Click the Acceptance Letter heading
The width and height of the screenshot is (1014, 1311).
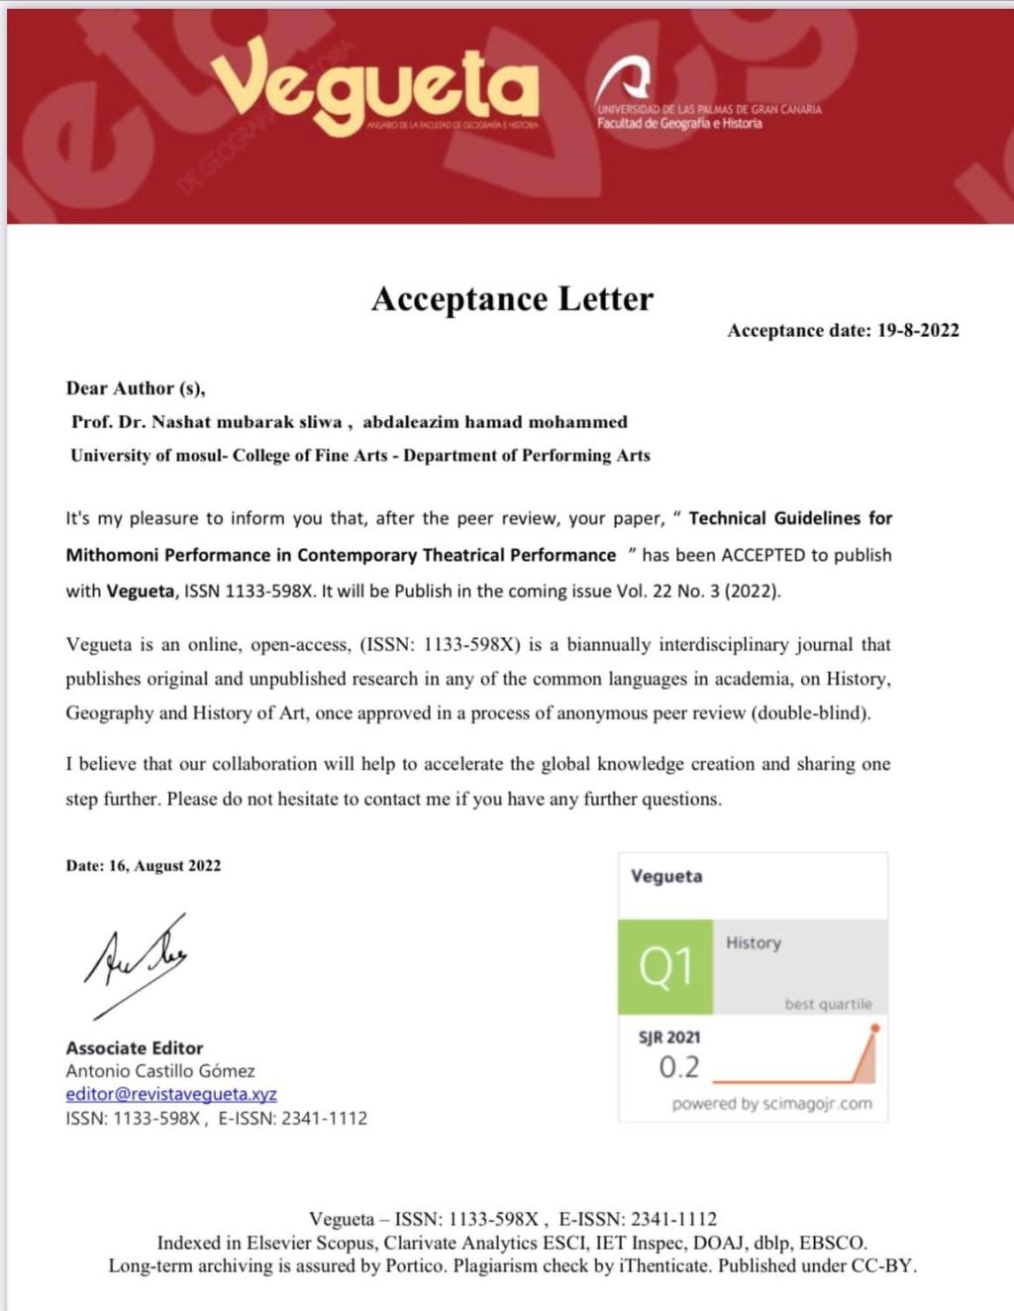tap(512, 298)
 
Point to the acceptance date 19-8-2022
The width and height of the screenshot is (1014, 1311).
tap(918, 331)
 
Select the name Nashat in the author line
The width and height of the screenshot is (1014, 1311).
tap(180, 422)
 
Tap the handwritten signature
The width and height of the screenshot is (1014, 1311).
tap(137, 960)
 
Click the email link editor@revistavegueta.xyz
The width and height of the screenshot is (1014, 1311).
tap(171, 1094)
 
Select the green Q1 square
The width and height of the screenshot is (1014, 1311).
tap(665, 966)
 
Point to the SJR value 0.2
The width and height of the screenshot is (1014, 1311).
tap(679, 1067)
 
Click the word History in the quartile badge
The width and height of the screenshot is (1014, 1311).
tap(754, 942)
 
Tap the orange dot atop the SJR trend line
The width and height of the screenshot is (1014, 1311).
tap(874, 1029)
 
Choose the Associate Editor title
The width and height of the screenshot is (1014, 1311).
tap(135, 1047)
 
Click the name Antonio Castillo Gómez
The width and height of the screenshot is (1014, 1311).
tap(160, 1071)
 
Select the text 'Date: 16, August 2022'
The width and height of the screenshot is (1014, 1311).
tap(144, 865)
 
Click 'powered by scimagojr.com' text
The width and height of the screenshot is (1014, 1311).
tap(771, 1104)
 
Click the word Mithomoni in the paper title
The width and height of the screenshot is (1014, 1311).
tap(110, 555)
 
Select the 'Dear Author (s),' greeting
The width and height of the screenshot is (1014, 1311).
tap(136, 388)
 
